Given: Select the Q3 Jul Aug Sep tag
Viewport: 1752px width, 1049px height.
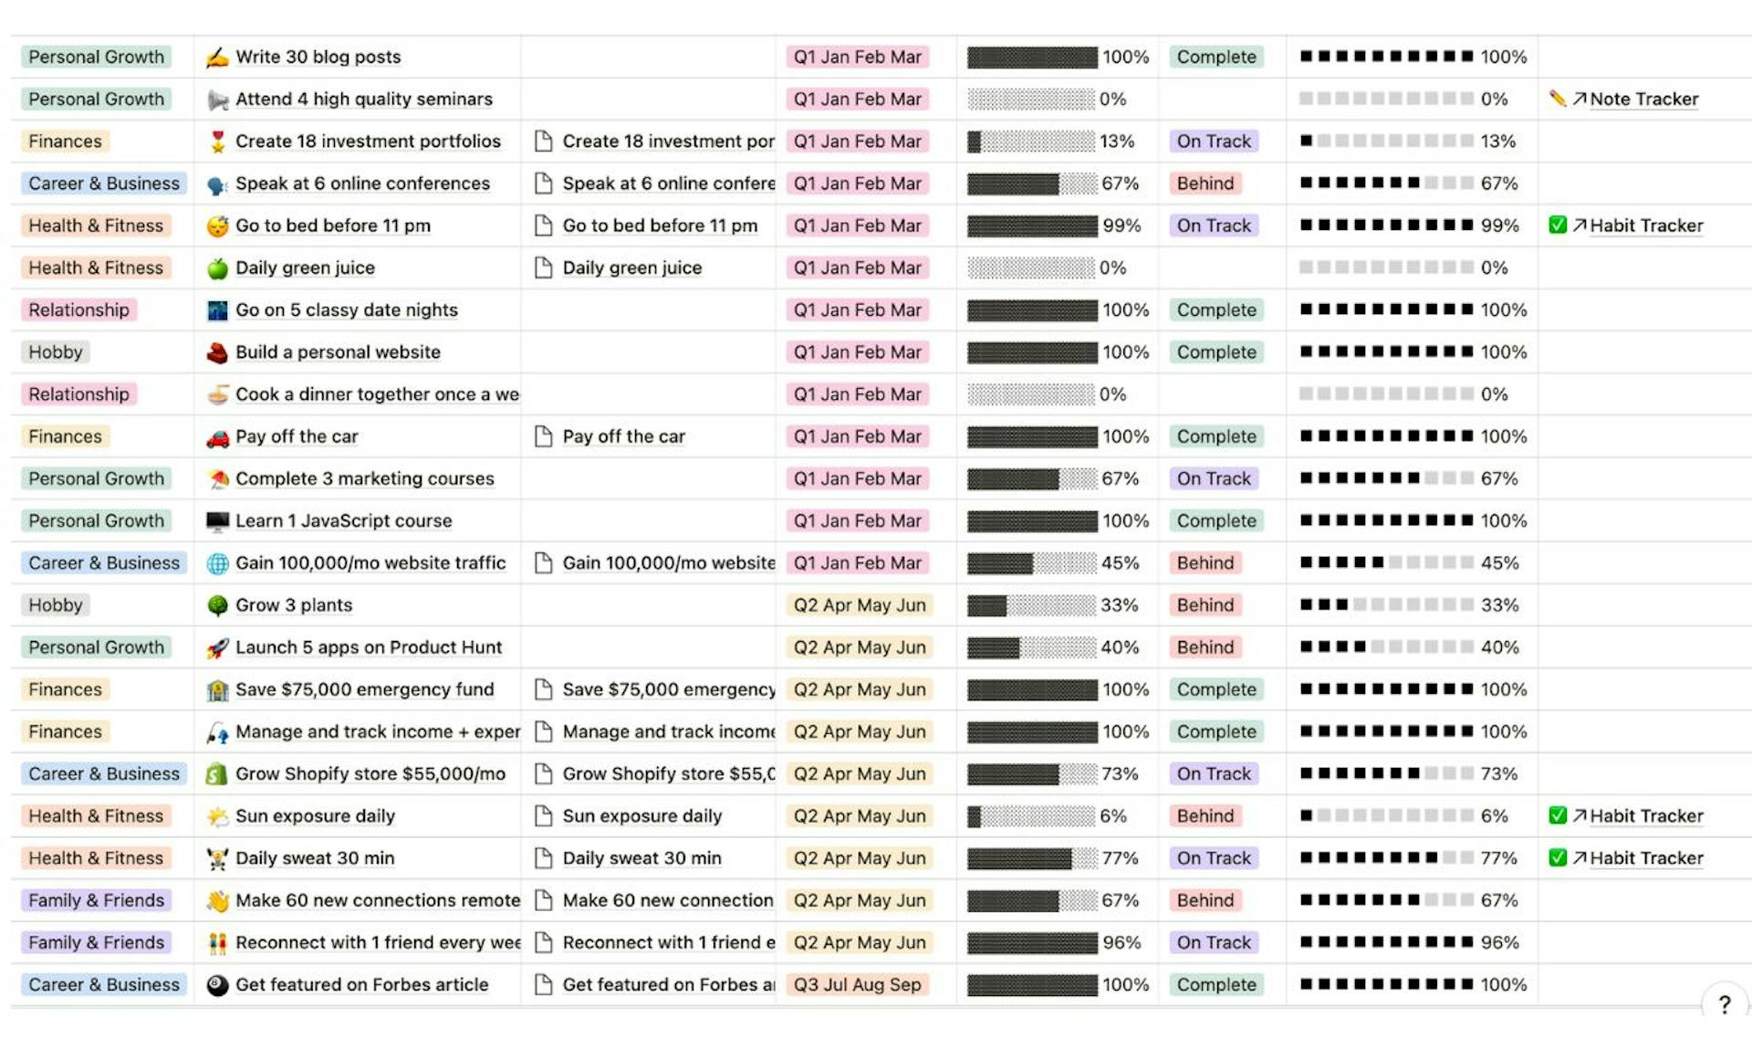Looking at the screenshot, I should pyautogui.click(x=857, y=984).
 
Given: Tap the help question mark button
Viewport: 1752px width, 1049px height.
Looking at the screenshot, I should pyautogui.click(x=1724, y=1004).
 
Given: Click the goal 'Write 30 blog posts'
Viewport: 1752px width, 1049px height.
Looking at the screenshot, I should pyautogui.click(x=318, y=57).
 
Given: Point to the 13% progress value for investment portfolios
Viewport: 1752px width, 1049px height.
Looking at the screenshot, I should pyautogui.click(x=1116, y=142).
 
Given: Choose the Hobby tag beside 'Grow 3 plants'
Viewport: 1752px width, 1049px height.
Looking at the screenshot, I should pyautogui.click(x=55, y=604).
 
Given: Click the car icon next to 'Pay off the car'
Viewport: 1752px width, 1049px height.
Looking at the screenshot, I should pyautogui.click(x=217, y=437).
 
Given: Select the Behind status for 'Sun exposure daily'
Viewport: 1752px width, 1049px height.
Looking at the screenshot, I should pyautogui.click(x=1204, y=815).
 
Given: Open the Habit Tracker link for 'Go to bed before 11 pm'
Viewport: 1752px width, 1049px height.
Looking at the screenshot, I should pyautogui.click(x=1645, y=226).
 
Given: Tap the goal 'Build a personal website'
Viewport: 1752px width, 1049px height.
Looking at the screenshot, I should pyautogui.click(x=338, y=351).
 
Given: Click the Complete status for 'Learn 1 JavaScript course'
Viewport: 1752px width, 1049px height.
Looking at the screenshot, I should pyautogui.click(x=1215, y=520).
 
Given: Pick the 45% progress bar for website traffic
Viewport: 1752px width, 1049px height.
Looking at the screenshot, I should pyautogui.click(x=1031, y=562).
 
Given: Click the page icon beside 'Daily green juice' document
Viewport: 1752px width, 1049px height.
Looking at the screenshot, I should pyautogui.click(x=543, y=267).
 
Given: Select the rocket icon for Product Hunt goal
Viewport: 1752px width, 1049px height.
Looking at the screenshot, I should pyautogui.click(x=217, y=647).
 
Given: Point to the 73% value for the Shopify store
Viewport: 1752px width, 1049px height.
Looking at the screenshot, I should pyautogui.click(x=1119, y=773).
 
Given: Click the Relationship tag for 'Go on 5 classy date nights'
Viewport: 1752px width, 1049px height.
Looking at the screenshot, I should pyautogui.click(x=78, y=309).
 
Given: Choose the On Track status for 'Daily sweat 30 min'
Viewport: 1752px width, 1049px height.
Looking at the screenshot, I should pyautogui.click(x=1213, y=857).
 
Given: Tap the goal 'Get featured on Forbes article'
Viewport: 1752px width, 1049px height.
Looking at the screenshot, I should pyautogui.click(x=361, y=984).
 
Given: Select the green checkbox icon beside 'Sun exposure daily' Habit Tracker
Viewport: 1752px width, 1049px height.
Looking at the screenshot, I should pyautogui.click(x=1558, y=815).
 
